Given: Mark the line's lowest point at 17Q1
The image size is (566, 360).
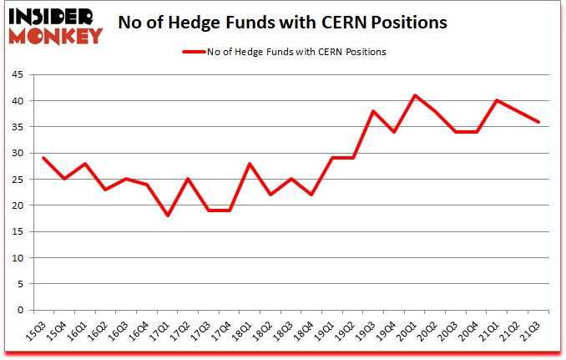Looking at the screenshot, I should tap(167, 215).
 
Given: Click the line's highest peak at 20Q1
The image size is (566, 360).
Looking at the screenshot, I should tap(415, 95).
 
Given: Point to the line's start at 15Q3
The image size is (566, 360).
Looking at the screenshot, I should tap(43, 158).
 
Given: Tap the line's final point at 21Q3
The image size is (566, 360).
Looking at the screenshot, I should tap(539, 122).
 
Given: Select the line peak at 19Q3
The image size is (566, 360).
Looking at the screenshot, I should tap(374, 111).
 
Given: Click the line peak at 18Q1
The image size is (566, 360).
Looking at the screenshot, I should tap(250, 164).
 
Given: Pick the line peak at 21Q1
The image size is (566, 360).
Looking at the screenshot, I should tap(498, 100).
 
